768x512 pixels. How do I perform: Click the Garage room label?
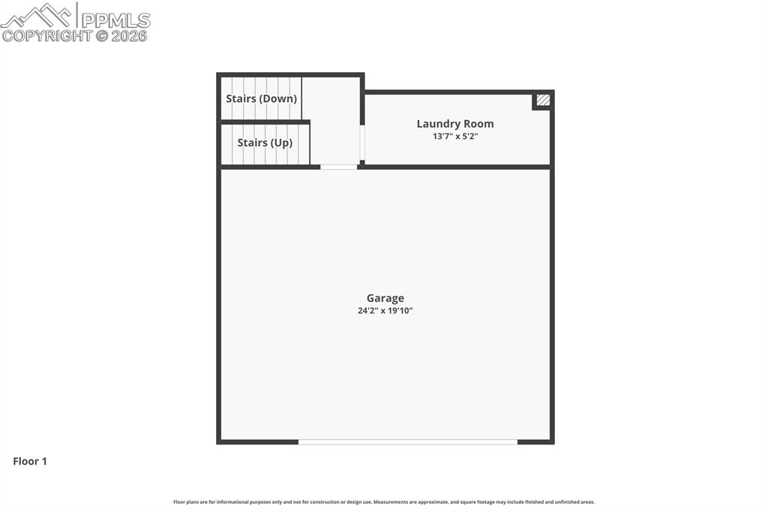385,298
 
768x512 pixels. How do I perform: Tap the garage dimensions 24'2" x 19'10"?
385,311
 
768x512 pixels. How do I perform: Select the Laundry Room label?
454,124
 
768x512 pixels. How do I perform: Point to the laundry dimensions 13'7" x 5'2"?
454,137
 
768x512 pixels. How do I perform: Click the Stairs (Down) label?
261,98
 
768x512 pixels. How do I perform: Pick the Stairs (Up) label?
264,143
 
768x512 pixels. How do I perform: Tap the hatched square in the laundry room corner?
543,100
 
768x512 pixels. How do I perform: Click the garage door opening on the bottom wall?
407,441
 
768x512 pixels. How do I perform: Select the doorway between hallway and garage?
338,167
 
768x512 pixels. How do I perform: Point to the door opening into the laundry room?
362,143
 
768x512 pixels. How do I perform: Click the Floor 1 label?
30,462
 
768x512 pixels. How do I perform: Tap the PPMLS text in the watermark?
115,20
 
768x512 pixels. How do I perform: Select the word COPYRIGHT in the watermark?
47,35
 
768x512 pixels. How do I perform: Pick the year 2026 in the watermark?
130,35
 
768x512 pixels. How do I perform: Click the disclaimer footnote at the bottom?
383,502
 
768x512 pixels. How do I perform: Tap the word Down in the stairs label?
278,98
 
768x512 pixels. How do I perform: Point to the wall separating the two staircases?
264,122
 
